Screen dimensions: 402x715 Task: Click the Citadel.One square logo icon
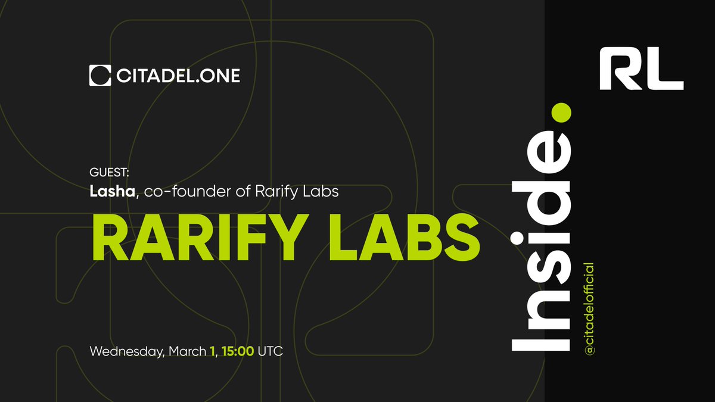[x=100, y=76]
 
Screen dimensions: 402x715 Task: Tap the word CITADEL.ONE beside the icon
[x=177, y=76]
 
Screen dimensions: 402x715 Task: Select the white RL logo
[x=641, y=70]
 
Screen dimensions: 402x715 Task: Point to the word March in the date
[x=186, y=351]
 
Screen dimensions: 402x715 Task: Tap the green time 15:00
[x=238, y=351]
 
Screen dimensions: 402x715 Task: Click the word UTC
[x=271, y=351]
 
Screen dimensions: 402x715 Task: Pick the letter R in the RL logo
[x=620, y=70]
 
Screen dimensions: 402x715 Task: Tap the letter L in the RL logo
[x=666, y=70]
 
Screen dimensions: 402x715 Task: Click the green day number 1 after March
[x=212, y=351]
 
